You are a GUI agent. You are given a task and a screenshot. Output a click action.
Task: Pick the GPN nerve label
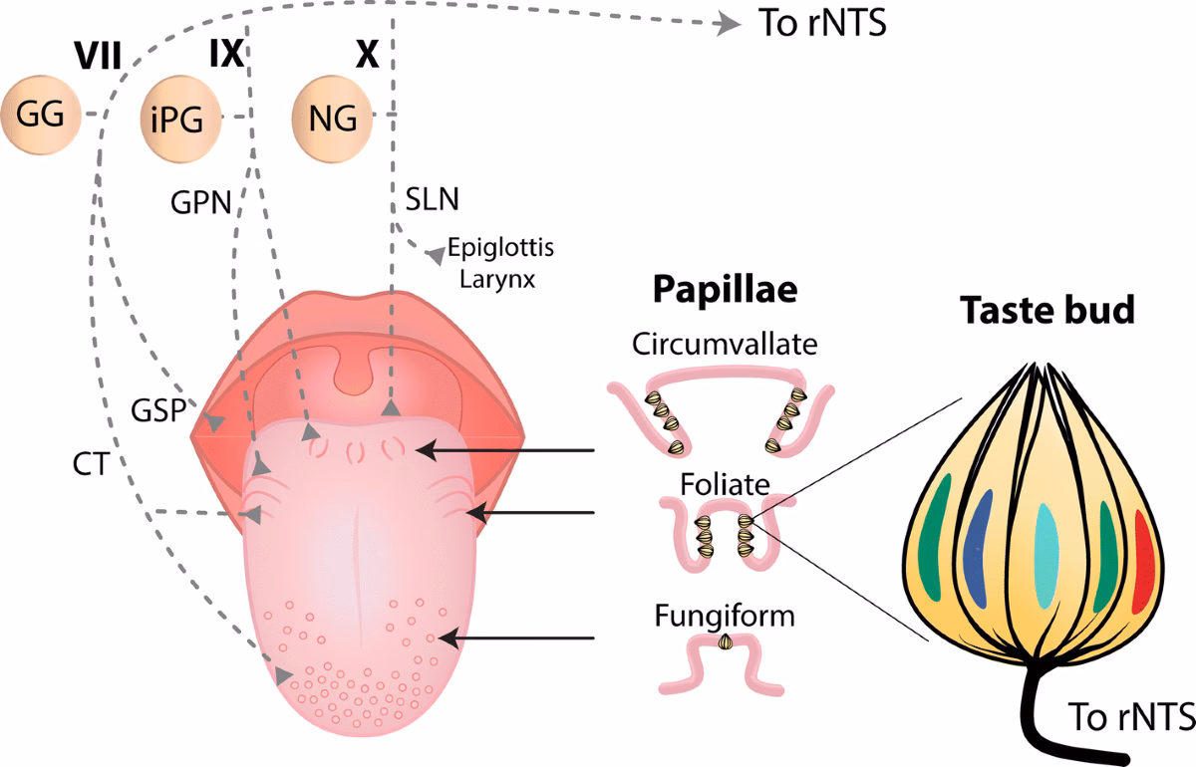coord(199,202)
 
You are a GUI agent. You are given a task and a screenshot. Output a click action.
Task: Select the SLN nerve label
coord(432,198)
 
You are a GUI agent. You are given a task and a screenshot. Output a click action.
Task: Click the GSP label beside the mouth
coord(158,409)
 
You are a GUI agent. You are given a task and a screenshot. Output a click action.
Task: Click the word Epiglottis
coord(499,247)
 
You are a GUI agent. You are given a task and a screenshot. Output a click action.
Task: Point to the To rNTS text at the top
coord(822,24)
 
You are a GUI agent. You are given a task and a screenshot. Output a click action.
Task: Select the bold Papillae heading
coord(725,290)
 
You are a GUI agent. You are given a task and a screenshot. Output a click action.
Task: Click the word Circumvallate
coord(725,345)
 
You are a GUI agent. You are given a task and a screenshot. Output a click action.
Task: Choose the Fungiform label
coord(725,616)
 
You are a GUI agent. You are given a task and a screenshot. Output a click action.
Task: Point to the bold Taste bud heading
coord(1047,311)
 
